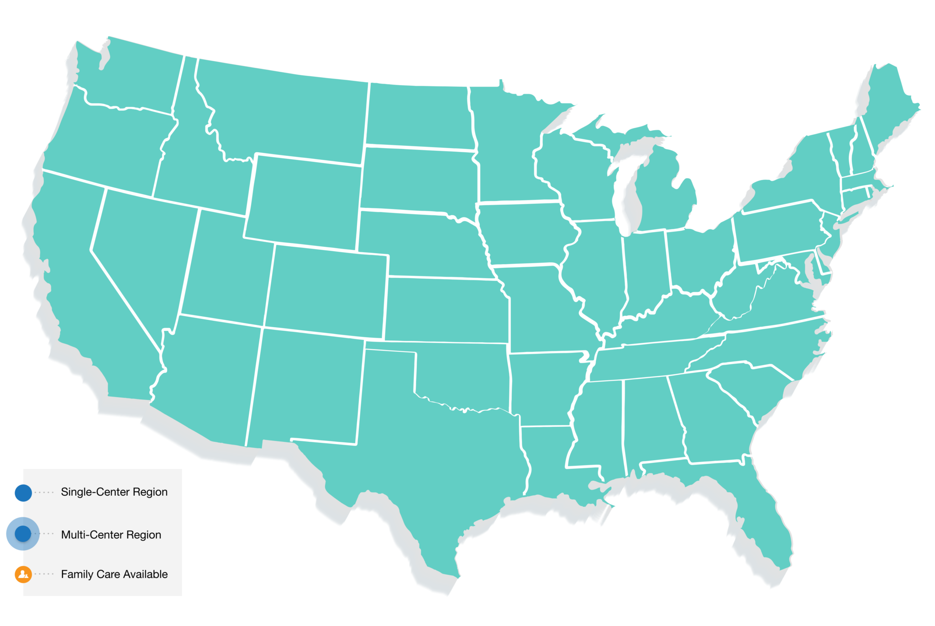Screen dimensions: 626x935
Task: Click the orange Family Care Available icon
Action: [23, 574]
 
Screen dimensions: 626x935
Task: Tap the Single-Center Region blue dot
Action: [23, 493]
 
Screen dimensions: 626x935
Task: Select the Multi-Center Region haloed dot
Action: [23, 534]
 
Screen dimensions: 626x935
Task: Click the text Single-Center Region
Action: [114, 492]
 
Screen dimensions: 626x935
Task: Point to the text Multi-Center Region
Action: [111, 535]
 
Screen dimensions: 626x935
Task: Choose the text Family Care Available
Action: [114, 574]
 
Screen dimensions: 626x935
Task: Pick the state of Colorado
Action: [326, 290]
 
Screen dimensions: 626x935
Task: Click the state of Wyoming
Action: [304, 201]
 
